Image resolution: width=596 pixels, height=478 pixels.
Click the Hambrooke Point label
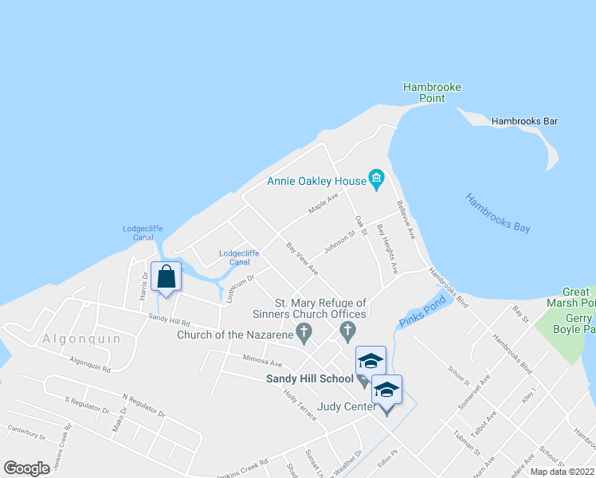[432, 92]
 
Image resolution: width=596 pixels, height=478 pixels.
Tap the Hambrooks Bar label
[524, 121]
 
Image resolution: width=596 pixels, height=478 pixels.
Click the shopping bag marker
[166, 277]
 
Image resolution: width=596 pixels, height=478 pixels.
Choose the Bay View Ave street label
[302, 259]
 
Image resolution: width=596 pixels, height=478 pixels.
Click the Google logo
[26, 468]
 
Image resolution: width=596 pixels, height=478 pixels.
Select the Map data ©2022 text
[562, 472]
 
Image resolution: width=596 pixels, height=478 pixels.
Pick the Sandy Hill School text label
[309, 378]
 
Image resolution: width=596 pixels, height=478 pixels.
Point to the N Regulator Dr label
[143, 405]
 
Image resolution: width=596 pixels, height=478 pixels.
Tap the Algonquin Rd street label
[89, 365]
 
